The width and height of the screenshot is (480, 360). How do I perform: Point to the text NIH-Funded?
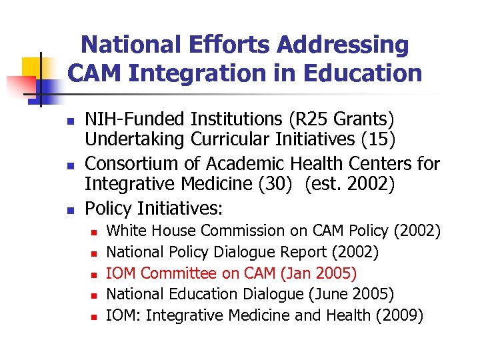135,119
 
